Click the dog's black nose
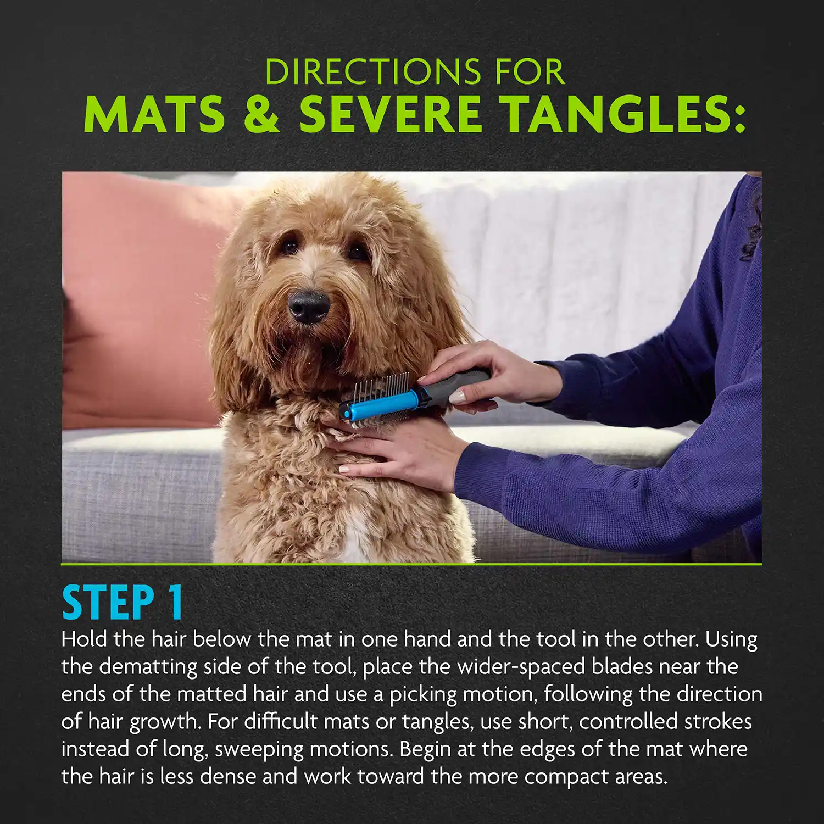click(309, 305)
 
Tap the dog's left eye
click(358, 252)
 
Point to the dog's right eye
click(289, 246)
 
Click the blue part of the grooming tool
click(385, 403)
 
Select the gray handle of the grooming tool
click(461, 385)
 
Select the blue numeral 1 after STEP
click(176, 603)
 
